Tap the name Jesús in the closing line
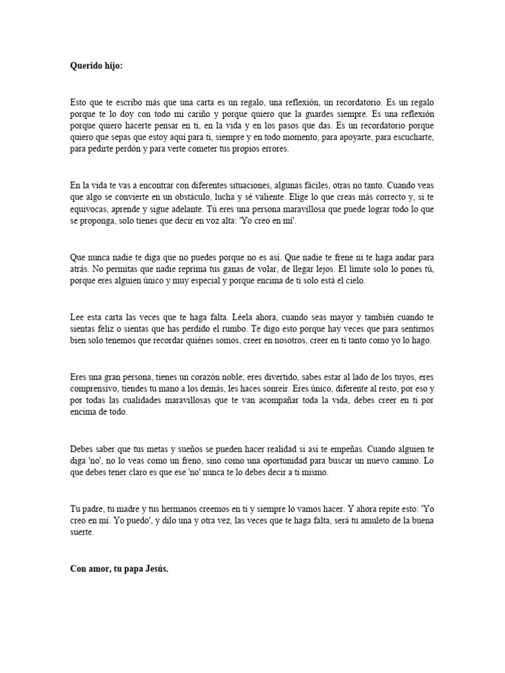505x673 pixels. tap(156, 569)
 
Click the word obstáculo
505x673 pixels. tap(183, 197)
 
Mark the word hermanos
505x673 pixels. tap(186, 509)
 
